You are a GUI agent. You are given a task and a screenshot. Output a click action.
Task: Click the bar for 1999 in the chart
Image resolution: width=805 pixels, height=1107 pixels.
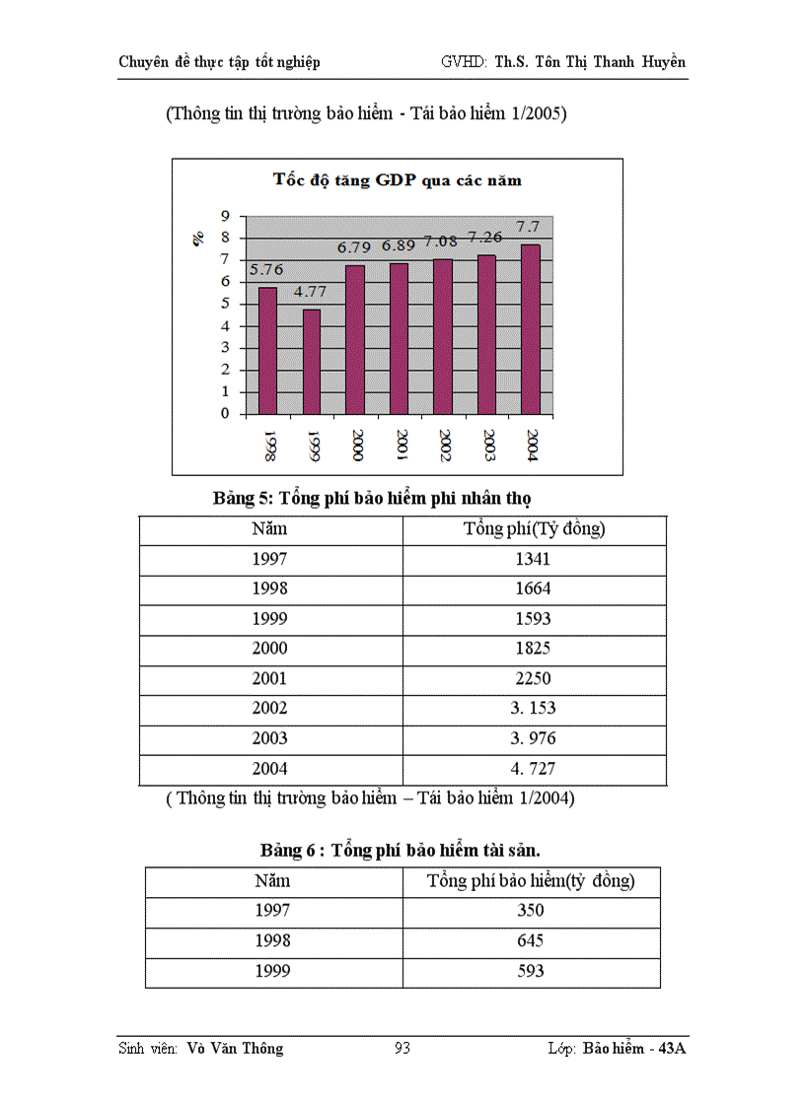pyautogui.click(x=312, y=362)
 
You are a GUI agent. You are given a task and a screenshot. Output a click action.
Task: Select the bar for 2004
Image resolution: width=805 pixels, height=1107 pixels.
pyautogui.click(x=531, y=329)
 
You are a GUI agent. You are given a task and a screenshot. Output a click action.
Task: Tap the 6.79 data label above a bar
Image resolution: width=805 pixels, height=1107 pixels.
pyautogui.click(x=355, y=247)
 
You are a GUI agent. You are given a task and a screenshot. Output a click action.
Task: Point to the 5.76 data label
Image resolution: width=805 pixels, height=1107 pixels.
pyautogui.click(x=266, y=269)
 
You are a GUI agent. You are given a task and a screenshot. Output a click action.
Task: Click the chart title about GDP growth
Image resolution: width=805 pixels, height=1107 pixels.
pyautogui.click(x=397, y=180)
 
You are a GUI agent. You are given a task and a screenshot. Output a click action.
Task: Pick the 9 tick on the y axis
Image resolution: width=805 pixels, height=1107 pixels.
pyautogui.click(x=225, y=216)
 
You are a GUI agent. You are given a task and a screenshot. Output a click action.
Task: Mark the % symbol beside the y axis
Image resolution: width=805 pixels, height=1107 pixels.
pyautogui.click(x=198, y=238)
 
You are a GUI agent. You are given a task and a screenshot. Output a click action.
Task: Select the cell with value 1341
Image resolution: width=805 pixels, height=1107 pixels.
pyautogui.click(x=534, y=559)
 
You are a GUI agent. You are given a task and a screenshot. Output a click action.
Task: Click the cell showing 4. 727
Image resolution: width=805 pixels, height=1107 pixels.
pyautogui.click(x=534, y=768)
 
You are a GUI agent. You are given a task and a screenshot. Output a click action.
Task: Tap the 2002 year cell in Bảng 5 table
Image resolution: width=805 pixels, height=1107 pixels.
pyautogui.click(x=269, y=708)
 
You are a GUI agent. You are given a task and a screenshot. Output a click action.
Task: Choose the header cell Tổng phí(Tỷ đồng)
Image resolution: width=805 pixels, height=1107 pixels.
pyautogui.click(x=534, y=529)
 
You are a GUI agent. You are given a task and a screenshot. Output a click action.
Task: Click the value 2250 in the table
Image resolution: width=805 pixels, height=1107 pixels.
pyautogui.click(x=534, y=678)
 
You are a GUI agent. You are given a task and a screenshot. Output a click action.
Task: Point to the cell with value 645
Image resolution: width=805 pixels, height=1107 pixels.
pyautogui.click(x=530, y=940)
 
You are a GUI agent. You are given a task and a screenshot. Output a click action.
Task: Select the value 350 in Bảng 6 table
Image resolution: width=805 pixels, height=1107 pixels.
pyautogui.click(x=530, y=911)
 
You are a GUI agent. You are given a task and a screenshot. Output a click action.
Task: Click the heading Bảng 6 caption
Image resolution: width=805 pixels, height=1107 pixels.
pyautogui.click(x=400, y=850)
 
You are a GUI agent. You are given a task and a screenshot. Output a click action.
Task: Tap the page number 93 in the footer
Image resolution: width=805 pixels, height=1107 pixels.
pyautogui.click(x=402, y=1048)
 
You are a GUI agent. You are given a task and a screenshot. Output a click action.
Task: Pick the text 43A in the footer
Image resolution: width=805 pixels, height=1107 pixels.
pyautogui.click(x=675, y=1048)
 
